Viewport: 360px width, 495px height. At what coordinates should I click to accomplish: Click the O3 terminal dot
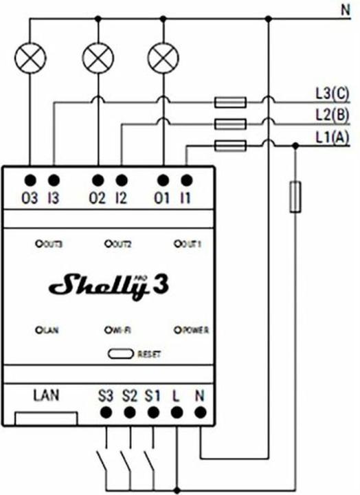pyautogui.click(x=30, y=181)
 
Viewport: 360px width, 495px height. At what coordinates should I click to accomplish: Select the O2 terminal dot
pyautogui.click(x=98, y=181)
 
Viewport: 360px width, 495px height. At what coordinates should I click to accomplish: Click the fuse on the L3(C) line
pyautogui.click(x=230, y=103)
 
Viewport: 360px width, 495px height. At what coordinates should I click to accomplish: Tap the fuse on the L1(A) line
pyautogui.click(x=230, y=145)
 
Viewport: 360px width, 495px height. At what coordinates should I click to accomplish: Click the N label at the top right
pyautogui.click(x=344, y=10)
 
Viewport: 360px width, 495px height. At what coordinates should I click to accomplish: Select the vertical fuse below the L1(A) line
pyautogui.click(x=295, y=197)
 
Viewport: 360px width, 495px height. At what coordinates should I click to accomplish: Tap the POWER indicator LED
pyautogui.click(x=179, y=331)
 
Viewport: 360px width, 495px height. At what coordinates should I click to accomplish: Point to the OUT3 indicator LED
pyautogui.click(x=39, y=243)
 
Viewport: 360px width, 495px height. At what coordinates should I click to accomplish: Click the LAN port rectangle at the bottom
pyautogui.click(x=45, y=417)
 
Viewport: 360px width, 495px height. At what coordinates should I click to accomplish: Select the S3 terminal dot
pyautogui.click(x=106, y=412)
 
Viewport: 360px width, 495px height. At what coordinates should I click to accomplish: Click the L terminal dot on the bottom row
pyautogui.click(x=177, y=412)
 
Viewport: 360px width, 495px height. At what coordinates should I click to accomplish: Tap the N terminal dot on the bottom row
pyautogui.click(x=200, y=412)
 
